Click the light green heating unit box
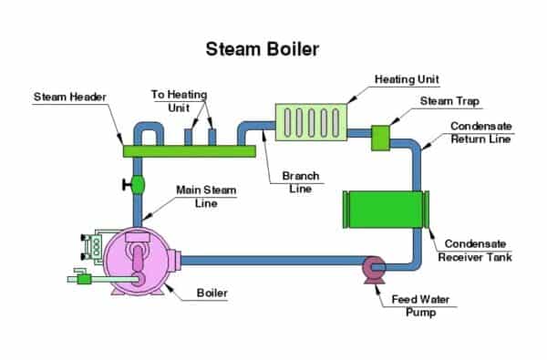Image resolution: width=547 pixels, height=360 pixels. pyautogui.click(x=311, y=122)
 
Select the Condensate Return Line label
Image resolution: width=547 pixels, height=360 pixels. pyautogui.click(x=481, y=132)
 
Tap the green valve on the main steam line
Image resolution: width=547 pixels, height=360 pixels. pyautogui.click(x=139, y=185)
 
